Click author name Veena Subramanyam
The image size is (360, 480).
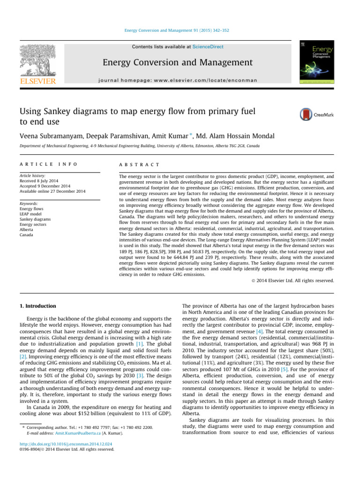pyautogui.click(x=53, y=136)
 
